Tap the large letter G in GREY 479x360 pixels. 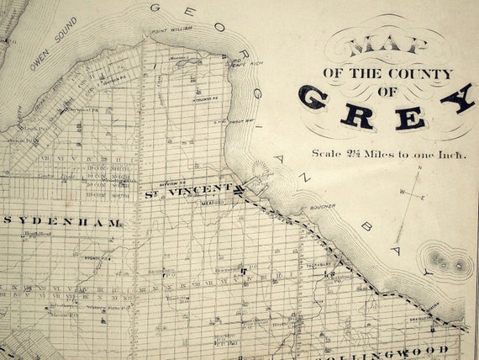pos(313,98)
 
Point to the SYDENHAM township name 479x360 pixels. pos(63,223)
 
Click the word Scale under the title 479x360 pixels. pos(327,154)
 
